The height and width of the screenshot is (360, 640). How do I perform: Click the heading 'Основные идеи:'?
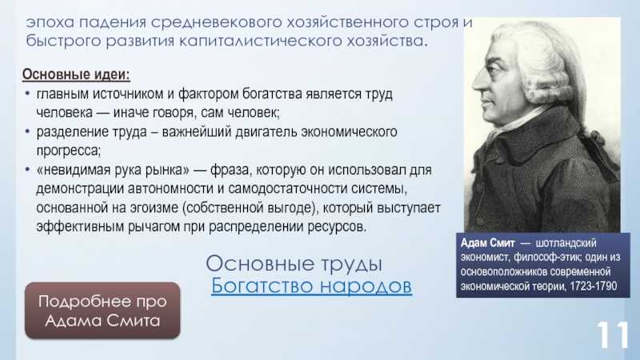point(76,74)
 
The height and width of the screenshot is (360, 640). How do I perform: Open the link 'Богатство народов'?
point(311,286)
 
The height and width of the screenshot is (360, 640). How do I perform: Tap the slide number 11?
point(612,334)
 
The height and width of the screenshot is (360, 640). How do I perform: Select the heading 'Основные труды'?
point(294,264)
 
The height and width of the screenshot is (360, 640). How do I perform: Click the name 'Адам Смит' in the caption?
point(487,243)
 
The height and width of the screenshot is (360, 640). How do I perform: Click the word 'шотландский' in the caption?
point(566,243)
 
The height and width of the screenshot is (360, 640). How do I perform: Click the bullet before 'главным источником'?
point(27,94)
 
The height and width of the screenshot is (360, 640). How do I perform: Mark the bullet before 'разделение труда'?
point(27,131)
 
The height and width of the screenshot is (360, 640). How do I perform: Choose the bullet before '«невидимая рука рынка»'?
point(27,170)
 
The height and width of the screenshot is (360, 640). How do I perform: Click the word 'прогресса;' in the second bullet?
point(68,151)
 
